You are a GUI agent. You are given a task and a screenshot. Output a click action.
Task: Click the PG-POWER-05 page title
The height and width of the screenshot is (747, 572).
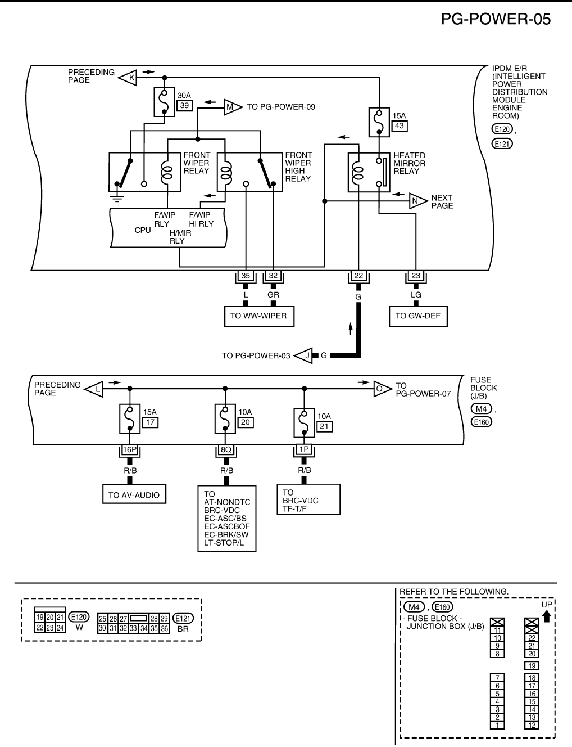[x=496, y=19]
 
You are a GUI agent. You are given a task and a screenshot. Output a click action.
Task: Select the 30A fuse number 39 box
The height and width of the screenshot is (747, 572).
[x=184, y=105]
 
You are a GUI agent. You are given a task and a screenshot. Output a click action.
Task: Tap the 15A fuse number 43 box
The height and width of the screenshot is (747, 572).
[x=400, y=125]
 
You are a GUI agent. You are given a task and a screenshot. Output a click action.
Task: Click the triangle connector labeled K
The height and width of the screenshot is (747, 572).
[x=129, y=78]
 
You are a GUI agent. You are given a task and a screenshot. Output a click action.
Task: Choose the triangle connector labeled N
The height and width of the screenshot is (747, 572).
[x=417, y=201]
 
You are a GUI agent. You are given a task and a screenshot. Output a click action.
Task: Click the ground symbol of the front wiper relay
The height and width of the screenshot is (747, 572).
[x=117, y=197]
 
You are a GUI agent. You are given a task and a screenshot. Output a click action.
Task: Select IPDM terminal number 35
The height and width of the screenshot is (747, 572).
[x=246, y=276]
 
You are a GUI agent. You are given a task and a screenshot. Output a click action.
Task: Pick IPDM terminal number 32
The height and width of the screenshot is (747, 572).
[x=273, y=276]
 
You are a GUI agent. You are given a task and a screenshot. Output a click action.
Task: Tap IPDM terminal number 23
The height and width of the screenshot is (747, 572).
[x=416, y=276]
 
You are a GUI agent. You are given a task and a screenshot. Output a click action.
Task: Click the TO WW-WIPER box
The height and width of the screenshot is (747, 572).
[x=258, y=316]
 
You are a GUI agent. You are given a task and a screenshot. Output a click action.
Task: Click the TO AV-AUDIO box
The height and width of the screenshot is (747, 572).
[x=134, y=495]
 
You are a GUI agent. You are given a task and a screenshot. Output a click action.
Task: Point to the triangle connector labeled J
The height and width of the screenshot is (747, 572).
[x=304, y=355]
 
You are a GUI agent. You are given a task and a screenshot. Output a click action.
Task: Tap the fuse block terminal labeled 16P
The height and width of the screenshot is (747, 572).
[x=130, y=449]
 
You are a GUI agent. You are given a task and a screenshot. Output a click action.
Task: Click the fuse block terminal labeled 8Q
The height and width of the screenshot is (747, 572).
[x=226, y=449]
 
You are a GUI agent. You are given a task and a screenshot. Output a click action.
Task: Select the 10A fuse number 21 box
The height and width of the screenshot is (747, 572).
[x=324, y=426]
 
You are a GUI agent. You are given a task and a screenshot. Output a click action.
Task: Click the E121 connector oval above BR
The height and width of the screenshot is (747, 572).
[x=183, y=618]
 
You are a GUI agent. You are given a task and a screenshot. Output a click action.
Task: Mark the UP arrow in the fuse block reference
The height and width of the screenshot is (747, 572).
[x=547, y=616]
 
